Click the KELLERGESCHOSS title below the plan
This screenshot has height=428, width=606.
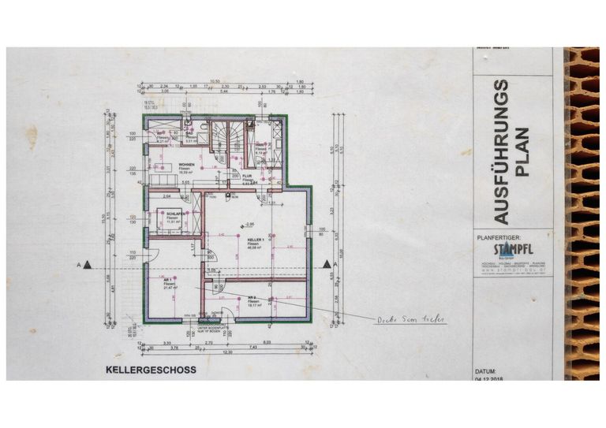pos(151,369)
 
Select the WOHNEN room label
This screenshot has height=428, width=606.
pos(186,164)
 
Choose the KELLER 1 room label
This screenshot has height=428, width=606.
pos(254,240)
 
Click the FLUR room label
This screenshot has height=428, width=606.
pos(246,177)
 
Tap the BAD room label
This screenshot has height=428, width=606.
pos(190,133)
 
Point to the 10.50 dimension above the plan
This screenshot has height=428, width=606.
pos(214,80)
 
